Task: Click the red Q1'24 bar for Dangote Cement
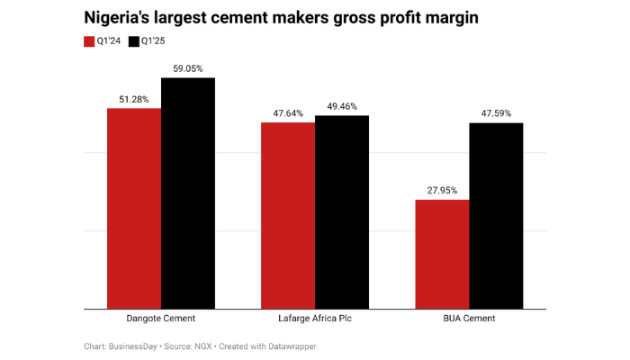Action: (x=134, y=209)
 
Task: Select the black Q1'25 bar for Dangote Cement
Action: (x=188, y=193)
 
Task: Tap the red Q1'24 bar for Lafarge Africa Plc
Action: (x=288, y=216)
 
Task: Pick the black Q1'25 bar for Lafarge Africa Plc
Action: (x=342, y=212)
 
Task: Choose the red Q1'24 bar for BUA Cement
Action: (x=442, y=255)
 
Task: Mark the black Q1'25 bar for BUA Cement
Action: (x=496, y=216)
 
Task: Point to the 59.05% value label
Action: (x=188, y=68)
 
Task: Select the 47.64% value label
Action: (x=288, y=113)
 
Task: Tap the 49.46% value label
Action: (x=342, y=106)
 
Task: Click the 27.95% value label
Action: (x=442, y=190)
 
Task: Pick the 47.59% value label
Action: (x=496, y=113)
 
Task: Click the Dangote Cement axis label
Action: (x=161, y=319)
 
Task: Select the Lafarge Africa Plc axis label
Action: (x=315, y=319)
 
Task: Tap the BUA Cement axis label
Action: (x=469, y=319)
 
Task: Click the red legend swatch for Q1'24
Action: (x=89, y=41)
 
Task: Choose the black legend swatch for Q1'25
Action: (x=134, y=41)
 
